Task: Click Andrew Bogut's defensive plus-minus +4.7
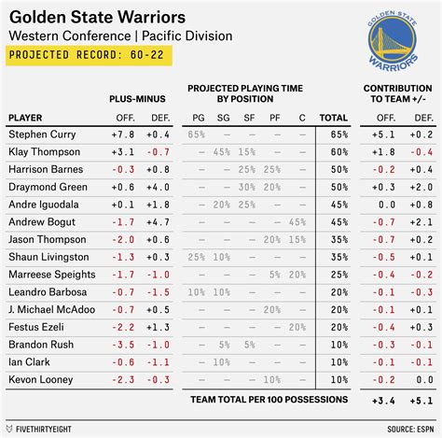(x=158, y=222)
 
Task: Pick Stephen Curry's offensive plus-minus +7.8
(x=123, y=134)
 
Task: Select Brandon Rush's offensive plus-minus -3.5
(x=123, y=345)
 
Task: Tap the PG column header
(x=197, y=118)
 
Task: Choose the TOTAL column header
(x=333, y=118)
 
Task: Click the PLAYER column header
(x=25, y=118)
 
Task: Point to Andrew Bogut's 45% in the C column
(x=297, y=222)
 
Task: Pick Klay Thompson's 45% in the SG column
(x=221, y=152)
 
